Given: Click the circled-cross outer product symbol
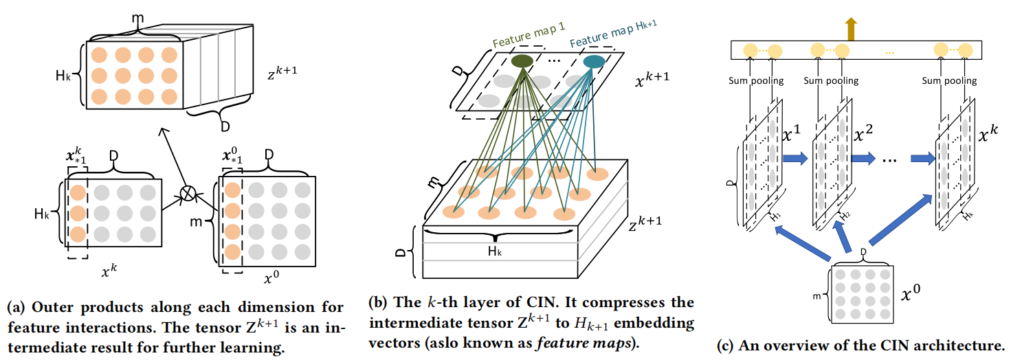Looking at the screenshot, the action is pyautogui.click(x=188, y=193).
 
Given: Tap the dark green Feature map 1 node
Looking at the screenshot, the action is pyautogui.click(x=522, y=61).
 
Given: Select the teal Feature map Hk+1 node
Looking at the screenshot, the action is pyautogui.click(x=594, y=61).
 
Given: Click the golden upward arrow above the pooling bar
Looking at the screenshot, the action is pyautogui.click(x=851, y=29).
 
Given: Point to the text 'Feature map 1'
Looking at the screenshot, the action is pyautogui.click(x=529, y=35).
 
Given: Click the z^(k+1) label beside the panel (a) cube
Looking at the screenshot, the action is pyautogui.click(x=282, y=71).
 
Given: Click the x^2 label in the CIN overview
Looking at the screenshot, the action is pyautogui.click(x=863, y=133).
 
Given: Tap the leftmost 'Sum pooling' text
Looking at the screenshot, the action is pyautogui.click(x=756, y=81).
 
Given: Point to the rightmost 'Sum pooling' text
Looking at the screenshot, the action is pyautogui.click(x=949, y=81).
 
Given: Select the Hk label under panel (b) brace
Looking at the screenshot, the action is pyautogui.click(x=495, y=251).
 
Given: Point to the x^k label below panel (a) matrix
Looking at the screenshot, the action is pyautogui.click(x=109, y=270).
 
